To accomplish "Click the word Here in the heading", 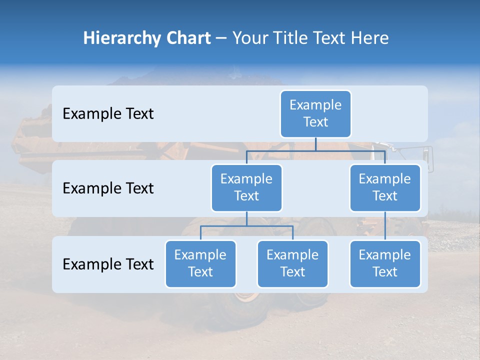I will [370, 38].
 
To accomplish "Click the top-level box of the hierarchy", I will [315, 114].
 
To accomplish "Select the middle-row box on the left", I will [246, 188].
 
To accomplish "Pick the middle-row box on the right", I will [385, 188].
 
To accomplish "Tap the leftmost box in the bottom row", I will [200, 264].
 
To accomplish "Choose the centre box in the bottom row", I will [292, 264].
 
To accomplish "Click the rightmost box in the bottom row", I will [385, 264].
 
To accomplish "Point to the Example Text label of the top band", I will [108, 114].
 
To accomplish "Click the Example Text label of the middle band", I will [108, 188].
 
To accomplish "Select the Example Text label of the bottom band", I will [108, 264].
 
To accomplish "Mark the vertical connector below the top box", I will [315, 144].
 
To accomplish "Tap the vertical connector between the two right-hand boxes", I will [385, 226].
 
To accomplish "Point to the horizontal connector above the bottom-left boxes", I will [246, 226].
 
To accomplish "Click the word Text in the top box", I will [315, 122].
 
